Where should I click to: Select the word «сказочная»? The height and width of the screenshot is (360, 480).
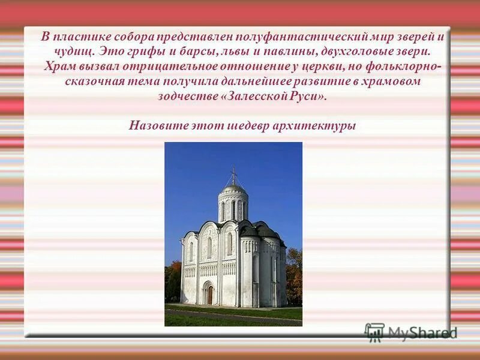coord(91,80)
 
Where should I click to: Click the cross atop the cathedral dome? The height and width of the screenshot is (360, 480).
coord(233,175)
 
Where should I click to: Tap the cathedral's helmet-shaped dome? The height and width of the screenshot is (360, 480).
coord(233,188)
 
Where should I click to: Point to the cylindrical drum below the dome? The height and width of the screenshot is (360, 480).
coord(233,207)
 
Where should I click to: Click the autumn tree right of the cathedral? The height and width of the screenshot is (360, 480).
coord(294,276)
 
